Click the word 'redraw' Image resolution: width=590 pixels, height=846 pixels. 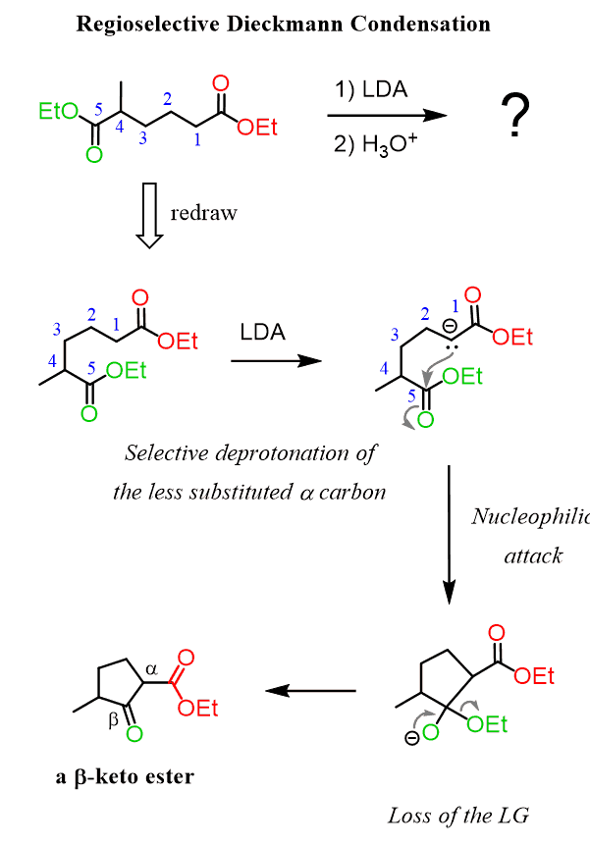point(203,213)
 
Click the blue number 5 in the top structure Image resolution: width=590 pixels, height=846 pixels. point(97,111)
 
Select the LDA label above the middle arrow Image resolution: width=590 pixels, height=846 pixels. point(262,333)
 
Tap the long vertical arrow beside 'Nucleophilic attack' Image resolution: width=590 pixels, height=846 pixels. point(449,534)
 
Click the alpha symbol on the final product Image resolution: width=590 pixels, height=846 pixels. point(151,668)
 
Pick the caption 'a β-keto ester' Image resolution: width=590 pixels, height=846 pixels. point(125,778)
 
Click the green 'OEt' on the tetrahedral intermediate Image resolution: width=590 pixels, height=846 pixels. point(488,725)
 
